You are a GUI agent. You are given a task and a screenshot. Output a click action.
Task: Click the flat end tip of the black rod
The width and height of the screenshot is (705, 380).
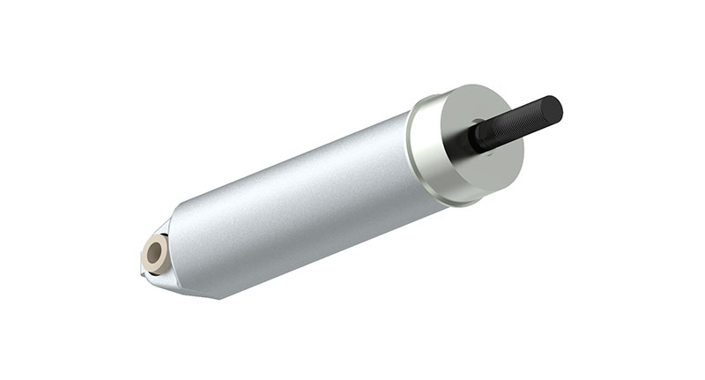pos(555,108)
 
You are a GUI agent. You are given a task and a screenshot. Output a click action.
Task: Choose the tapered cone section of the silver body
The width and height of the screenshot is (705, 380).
pos(189,256)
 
